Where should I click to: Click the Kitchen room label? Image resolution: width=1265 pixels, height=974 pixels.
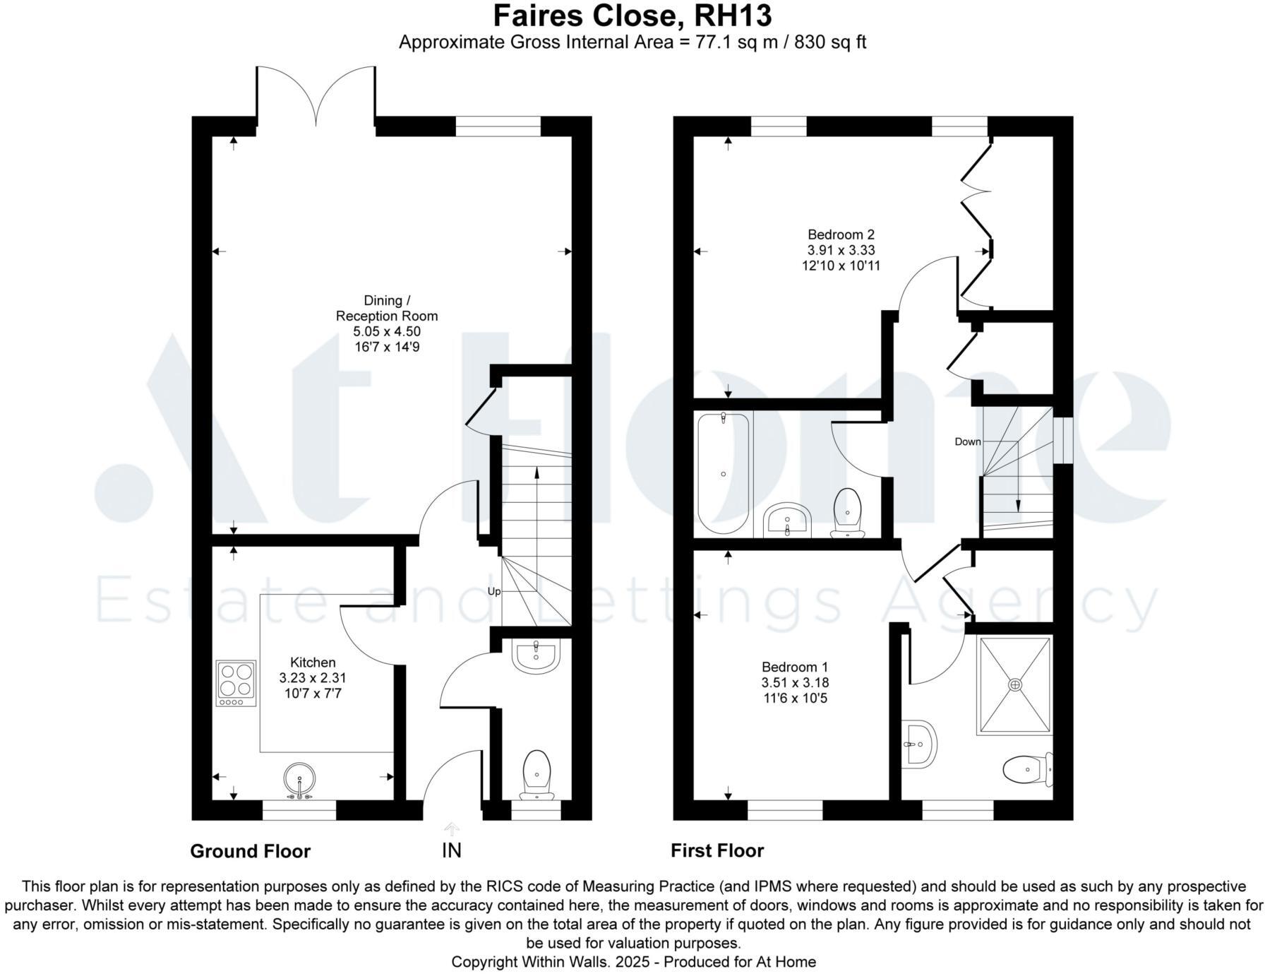click(313, 663)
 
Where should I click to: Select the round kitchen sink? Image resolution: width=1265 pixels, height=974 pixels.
click(300, 780)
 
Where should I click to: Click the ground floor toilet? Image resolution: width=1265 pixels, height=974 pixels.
click(536, 774)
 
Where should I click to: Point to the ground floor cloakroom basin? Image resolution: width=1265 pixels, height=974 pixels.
click(536, 656)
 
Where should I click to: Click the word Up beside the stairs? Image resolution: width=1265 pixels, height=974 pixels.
click(494, 591)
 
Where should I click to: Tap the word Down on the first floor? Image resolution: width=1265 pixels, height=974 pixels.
click(967, 441)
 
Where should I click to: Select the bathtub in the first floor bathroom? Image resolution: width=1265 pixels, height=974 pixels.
click(723, 473)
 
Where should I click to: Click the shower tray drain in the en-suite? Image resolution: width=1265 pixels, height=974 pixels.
click(1015, 684)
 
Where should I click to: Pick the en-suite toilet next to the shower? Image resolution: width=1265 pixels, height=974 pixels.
click(1027, 769)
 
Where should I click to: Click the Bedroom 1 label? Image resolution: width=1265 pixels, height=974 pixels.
click(794, 667)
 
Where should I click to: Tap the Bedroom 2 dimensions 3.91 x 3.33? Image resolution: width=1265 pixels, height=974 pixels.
click(841, 250)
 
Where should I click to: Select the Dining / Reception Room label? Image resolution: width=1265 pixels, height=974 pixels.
click(386, 309)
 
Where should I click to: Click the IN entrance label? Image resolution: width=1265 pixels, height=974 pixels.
click(451, 850)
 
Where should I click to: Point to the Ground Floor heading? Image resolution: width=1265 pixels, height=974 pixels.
click(250, 851)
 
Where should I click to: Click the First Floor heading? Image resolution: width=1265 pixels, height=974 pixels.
click(717, 850)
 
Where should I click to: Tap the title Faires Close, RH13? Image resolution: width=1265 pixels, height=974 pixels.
click(632, 16)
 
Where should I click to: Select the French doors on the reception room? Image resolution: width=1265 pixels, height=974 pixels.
click(316, 95)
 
